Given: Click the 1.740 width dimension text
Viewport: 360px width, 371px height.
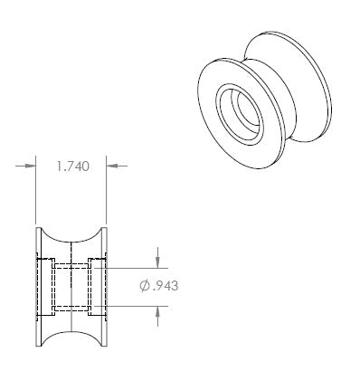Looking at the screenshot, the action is pyautogui.click(x=73, y=166).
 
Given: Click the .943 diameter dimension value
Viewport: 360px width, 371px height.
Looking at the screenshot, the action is pyautogui.click(x=166, y=286).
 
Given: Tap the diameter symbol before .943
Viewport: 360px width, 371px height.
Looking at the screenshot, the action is pyautogui.click(x=145, y=286).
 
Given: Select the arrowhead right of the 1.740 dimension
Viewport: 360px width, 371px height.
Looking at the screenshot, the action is pyautogui.click(x=111, y=166).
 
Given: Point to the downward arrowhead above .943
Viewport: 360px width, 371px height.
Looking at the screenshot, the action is pyautogui.click(x=157, y=262).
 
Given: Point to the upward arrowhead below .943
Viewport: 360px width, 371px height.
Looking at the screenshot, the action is pyautogui.click(x=157, y=311).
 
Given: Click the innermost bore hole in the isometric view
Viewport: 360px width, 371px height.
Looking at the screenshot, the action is pyautogui.click(x=249, y=114).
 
